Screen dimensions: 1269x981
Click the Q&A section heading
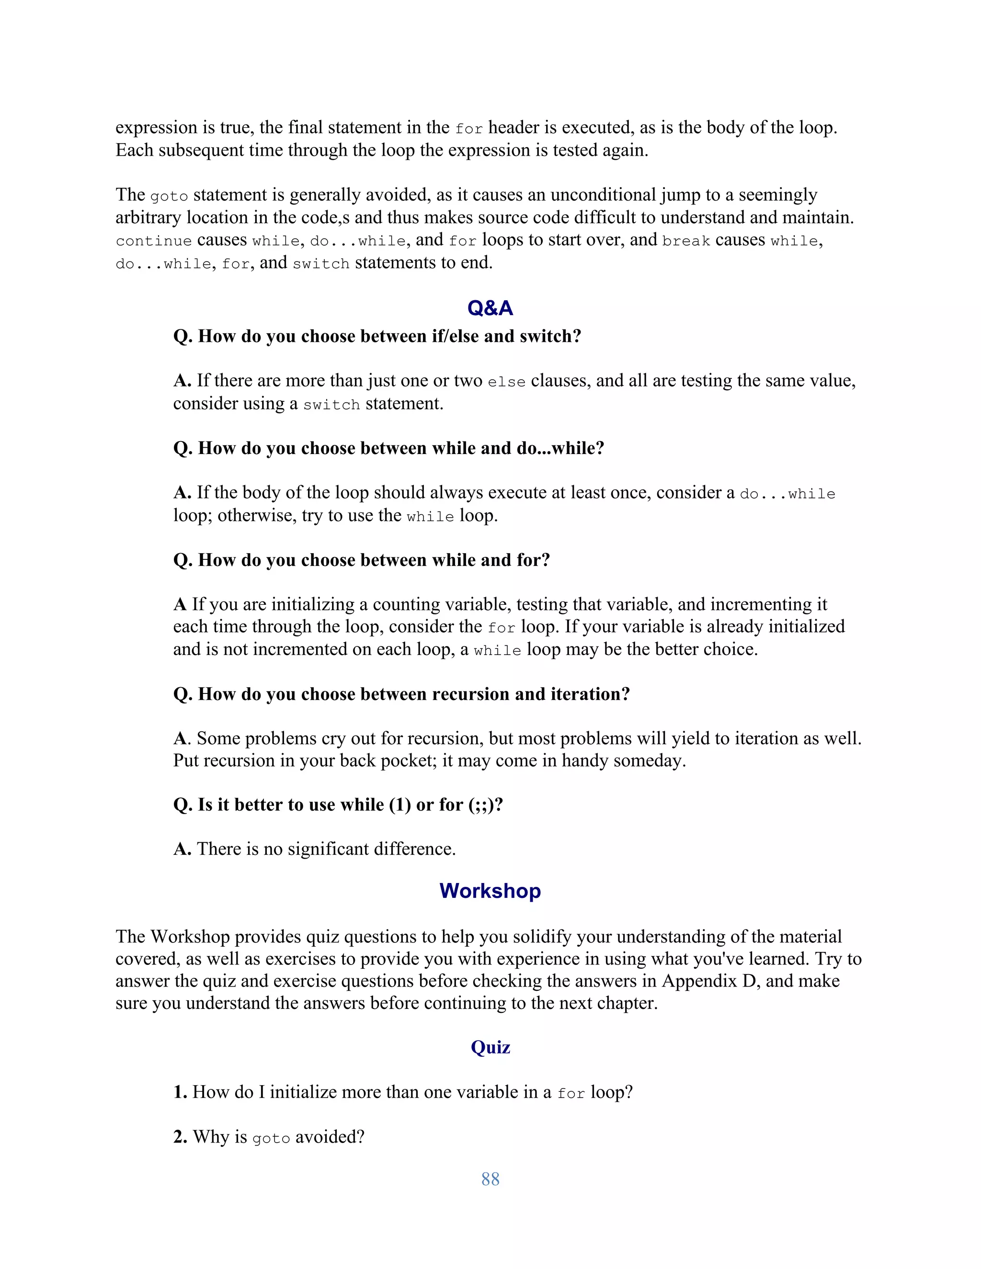(490, 308)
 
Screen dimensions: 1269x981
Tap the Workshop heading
(490, 891)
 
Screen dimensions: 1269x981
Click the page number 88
(490, 1179)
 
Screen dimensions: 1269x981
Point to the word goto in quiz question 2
(271, 1138)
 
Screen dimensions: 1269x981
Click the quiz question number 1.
(180, 1092)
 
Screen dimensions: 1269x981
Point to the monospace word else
(506, 382)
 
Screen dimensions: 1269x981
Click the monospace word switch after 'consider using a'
(331, 405)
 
